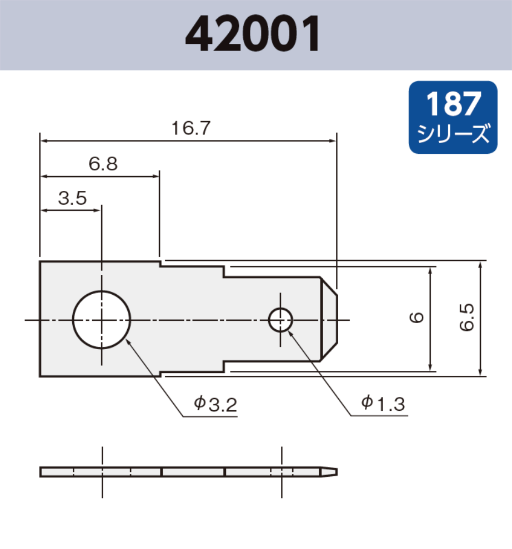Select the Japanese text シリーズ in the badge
453,134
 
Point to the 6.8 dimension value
103,164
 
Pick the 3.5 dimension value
73,198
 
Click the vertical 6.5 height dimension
467,318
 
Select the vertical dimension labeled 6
418,318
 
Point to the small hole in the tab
281,319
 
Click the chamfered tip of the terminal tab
330,319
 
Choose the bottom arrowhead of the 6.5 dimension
480,372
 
